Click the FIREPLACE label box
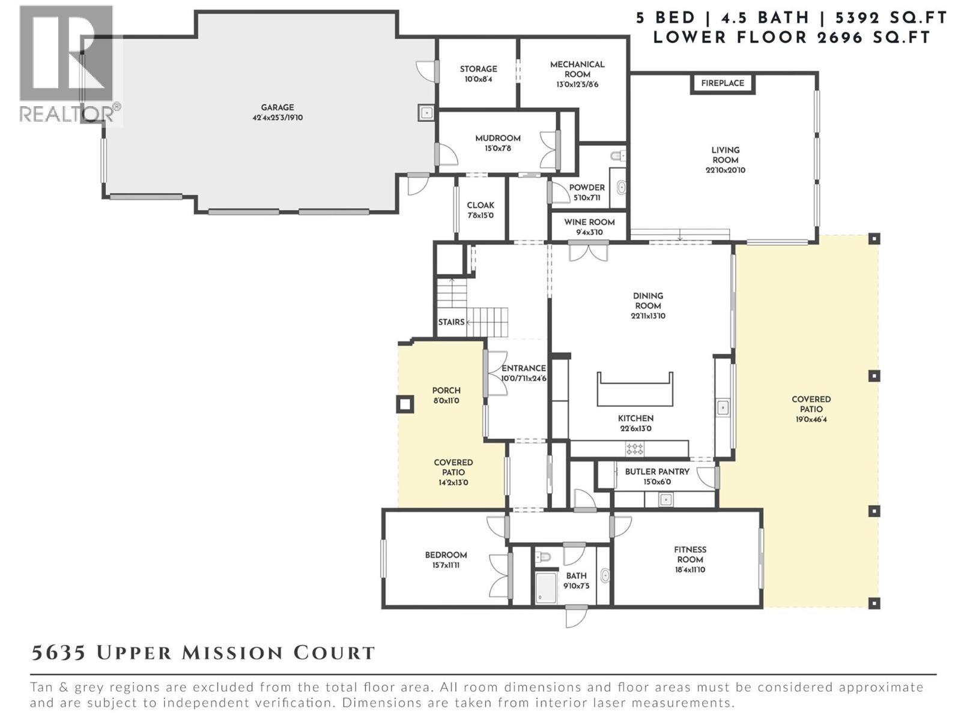pyautogui.click(x=722, y=83)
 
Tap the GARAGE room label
pyautogui.click(x=277, y=107)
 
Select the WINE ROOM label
pyautogui.click(x=589, y=222)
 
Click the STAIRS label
pyautogui.click(x=451, y=322)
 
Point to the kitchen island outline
pyautogui.click(x=634, y=389)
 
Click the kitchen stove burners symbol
pyautogui.click(x=635, y=448)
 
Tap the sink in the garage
pyautogui.click(x=426, y=112)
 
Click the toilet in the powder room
pyautogui.click(x=618, y=157)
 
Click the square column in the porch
pyautogui.click(x=405, y=404)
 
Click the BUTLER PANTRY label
pyautogui.click(x=657, y=472)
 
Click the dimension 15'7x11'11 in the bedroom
pyautogui.click(x=446, y=565)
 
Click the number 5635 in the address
pyautogui.click(x=58, y=653)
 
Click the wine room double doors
pyautogui.click(x=589, y=251)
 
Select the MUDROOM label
pyautogui.click(x=498, y=138)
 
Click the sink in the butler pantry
pyautogui.click(x=665, y=499)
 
